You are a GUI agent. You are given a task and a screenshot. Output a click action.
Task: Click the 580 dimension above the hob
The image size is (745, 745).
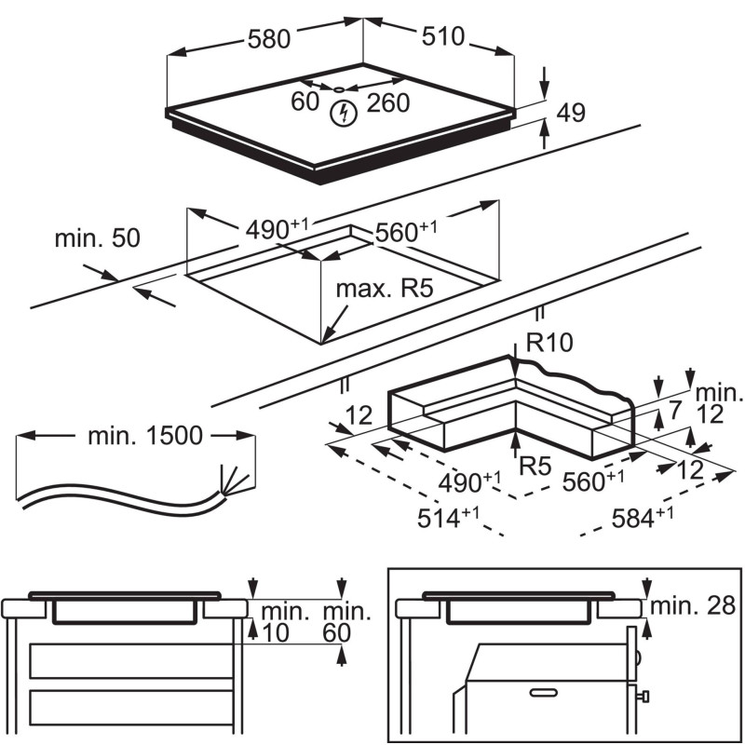pyautogui.click(x=269, y=39)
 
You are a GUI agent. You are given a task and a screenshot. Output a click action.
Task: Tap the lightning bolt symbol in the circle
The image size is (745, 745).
pyautogui.click(x=345, y=114)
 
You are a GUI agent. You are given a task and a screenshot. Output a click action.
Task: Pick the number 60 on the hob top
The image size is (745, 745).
pyautogui.click(x=305, y=102)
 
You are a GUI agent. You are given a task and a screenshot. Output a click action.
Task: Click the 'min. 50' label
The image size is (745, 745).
pyautogui.click(x=97, y=237)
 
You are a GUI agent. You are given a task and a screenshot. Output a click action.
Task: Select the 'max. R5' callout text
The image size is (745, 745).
pyautogui.click(x=386, y=289)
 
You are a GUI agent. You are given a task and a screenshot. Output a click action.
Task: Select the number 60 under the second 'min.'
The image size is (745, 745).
pyautogui.click(x=337, y=634)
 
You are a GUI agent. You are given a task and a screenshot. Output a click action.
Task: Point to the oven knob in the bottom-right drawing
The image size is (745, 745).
pyautogui.click(x=643, y=696)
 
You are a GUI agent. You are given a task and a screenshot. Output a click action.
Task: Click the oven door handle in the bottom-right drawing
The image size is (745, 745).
pyautogui.click(x=544, y=690)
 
